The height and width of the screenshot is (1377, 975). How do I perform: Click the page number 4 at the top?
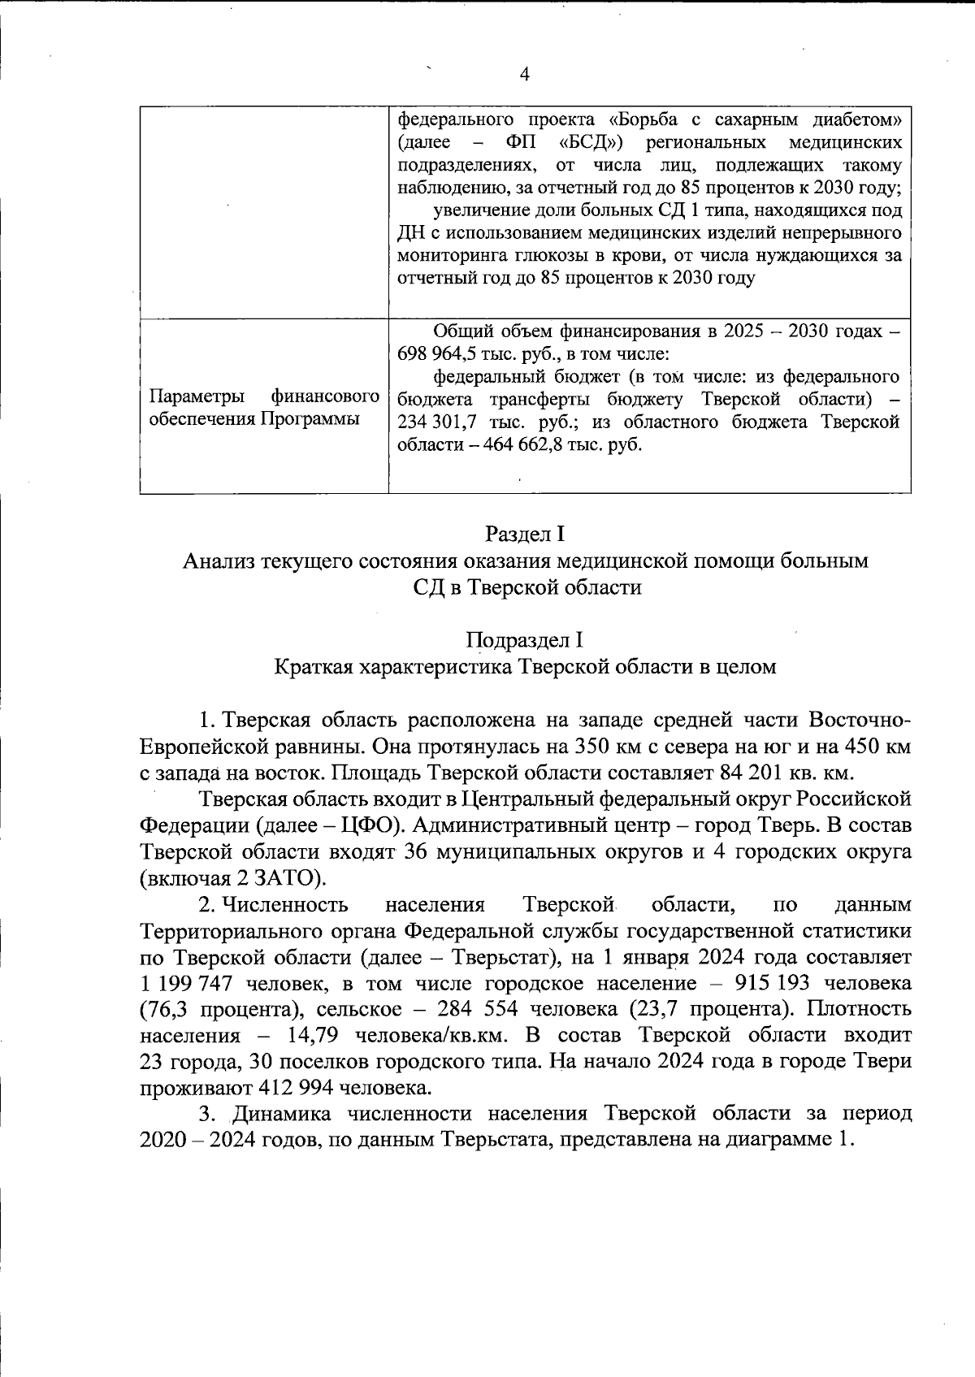524,75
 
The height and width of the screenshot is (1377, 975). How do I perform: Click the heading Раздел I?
524,535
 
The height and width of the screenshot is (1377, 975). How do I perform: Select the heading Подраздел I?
524,640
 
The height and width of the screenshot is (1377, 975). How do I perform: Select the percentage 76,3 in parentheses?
169,1010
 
